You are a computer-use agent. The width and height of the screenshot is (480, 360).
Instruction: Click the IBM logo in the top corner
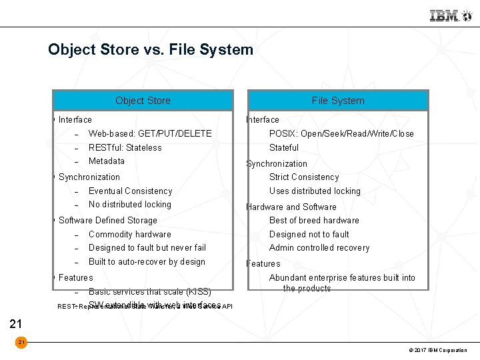point(445,16)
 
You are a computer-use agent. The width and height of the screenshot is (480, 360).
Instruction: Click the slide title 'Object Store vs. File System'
point(151,49)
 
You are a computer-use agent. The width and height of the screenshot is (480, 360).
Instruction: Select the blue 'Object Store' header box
point(143,101)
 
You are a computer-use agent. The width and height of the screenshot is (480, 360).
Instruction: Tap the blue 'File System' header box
point(338,101)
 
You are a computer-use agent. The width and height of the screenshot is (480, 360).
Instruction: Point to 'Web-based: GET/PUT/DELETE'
point(150,133)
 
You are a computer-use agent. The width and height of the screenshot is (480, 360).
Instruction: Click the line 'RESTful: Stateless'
point(125,147)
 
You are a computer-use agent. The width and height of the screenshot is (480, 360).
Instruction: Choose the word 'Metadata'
point(107,161)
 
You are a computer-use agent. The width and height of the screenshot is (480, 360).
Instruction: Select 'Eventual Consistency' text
point(130,191)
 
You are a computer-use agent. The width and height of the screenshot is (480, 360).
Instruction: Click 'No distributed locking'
point(129,204)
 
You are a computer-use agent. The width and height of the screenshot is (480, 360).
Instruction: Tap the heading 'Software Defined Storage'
point(108,220)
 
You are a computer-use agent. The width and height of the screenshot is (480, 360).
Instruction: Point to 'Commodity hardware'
point(129,234)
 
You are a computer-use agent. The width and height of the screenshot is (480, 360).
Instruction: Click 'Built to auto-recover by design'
point(147,261)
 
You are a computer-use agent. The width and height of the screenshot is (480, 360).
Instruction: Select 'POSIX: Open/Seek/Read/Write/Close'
point(341,133)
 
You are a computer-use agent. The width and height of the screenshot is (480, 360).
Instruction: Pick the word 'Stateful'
point(284,147)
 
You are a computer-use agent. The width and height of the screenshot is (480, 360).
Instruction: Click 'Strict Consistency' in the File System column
point(304,177)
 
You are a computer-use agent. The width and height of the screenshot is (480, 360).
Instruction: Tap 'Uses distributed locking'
point(315,191)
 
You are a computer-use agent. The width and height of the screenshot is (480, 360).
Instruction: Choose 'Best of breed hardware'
point(314,220)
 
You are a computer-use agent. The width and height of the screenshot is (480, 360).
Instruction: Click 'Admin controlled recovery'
point(319,247)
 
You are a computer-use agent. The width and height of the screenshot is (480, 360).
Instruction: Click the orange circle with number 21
point(21,342)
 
